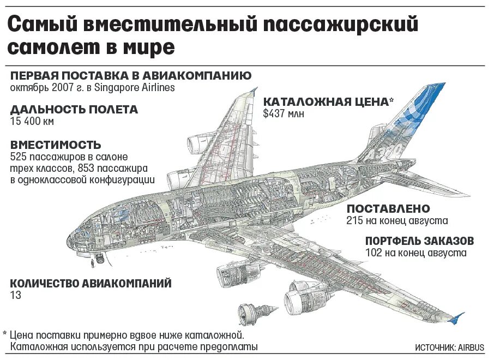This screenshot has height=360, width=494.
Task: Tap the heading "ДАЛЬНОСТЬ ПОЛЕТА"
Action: [x=74, y=110]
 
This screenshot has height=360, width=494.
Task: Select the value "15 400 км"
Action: [x=32, y=121]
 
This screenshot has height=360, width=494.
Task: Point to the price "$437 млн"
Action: [x=284, y=113]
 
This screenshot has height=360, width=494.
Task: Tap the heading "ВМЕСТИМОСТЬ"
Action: [x=56, y=145]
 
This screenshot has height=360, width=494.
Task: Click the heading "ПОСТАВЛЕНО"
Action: [x=388, y=209]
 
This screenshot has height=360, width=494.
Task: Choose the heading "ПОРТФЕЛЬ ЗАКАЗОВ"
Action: [x=419, y=241]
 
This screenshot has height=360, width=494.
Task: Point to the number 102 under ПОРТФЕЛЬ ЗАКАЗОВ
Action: [x=375, y=253]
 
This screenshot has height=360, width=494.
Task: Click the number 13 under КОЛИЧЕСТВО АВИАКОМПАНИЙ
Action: [x=15, y=295]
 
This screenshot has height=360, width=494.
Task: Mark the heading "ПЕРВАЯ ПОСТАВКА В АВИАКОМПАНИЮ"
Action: [x=130, y=75]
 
